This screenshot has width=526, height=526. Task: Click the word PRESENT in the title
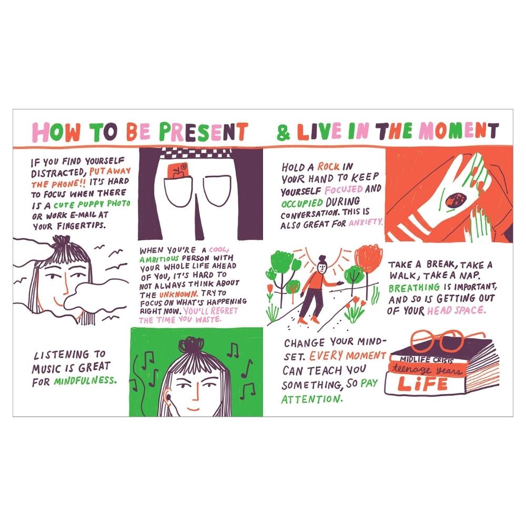point(204,131)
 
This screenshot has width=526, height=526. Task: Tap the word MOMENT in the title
point(459,131)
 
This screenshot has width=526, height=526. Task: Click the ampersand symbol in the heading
point(283,132)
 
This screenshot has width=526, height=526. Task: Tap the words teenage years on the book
point(427,369)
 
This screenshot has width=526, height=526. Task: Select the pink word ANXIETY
point(366,222)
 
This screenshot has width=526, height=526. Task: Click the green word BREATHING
point(414,288)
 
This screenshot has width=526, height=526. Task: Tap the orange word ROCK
point(328,166)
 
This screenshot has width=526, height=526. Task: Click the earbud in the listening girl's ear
point(168,397)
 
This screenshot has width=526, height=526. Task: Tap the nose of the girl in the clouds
point(66,285)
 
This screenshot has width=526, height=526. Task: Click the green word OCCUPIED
point(302,204)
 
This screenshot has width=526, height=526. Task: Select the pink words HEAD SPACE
point(456,311)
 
